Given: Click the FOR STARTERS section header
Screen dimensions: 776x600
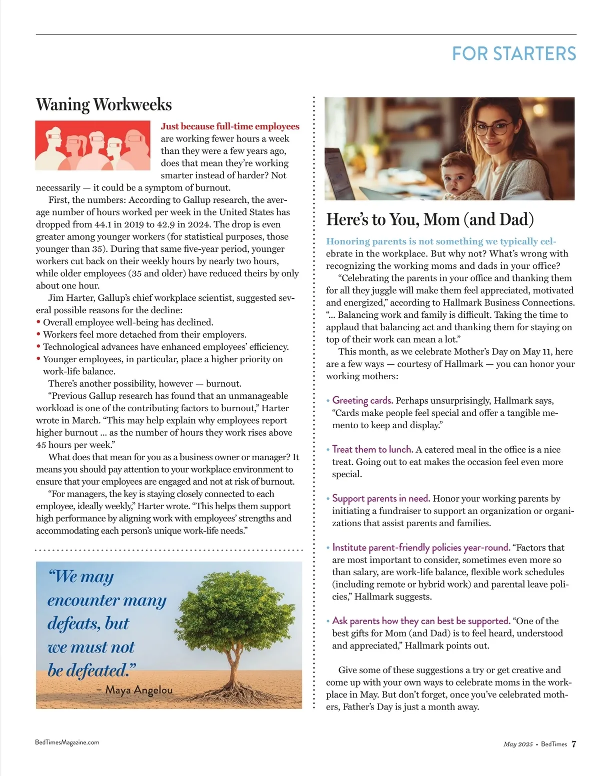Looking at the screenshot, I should pyautogui.click(x=514, y=54).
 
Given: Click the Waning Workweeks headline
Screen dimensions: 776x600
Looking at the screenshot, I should pyautogui.click(x=104, y=105).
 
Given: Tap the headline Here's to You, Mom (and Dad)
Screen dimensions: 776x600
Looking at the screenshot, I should pyautogui.click(x=430, y=219).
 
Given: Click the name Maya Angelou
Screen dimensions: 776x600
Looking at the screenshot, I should pyautogui.click(x=139, y=690).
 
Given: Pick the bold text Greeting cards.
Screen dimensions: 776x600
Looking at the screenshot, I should pyautogui.click(x=362, y=401).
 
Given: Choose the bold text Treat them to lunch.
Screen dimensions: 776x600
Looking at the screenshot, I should pyautogui.click(x=372, y=450).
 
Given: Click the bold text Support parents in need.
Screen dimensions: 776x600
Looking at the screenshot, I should pyautogui.click(x=381, y=499).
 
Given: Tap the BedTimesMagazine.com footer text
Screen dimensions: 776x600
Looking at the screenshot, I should pyautogui.click(x=67, y=743).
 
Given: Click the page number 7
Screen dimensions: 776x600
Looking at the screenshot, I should pyautogui.click(x=574, y=744).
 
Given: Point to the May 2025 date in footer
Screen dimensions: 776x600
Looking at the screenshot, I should pyautogui.click(x=518, y=745).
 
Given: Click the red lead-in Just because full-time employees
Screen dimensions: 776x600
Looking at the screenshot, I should pyautogui.click(x=230, y=126).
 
